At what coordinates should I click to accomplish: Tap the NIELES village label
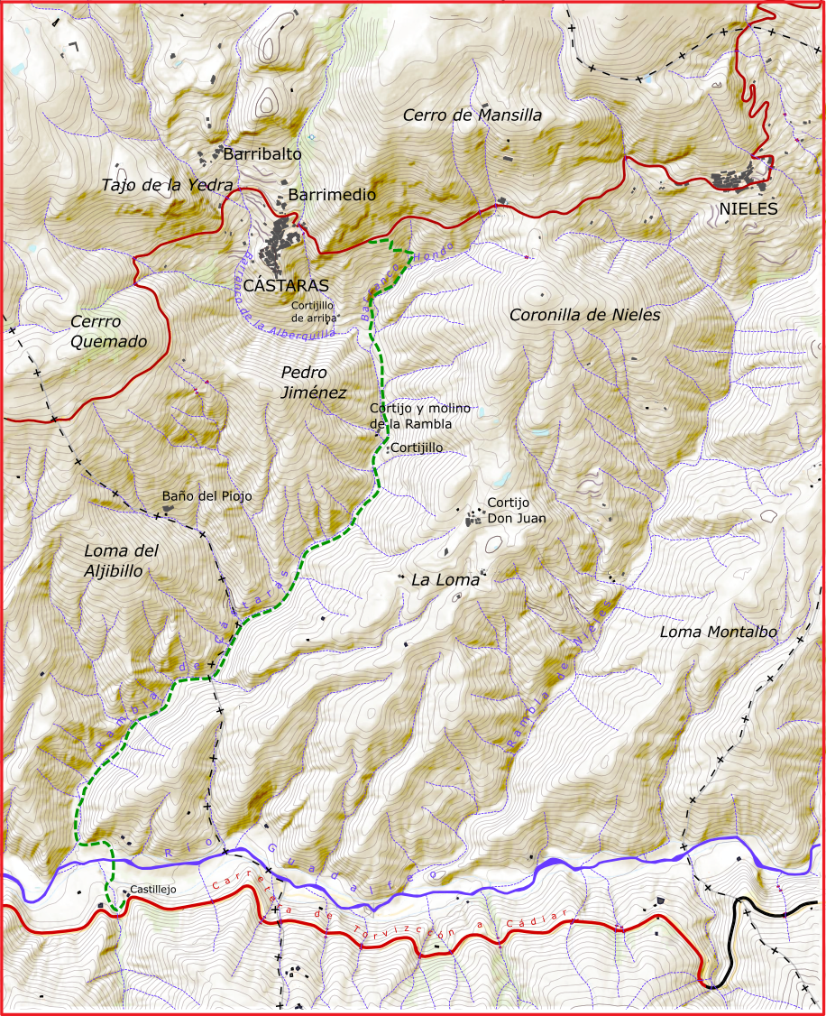point(748,209)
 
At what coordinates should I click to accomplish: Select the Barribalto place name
point(262,154)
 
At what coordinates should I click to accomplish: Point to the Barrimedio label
point(332,194)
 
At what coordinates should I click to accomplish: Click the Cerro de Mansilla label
point(473,115)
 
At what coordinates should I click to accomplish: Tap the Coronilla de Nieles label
point(584,315)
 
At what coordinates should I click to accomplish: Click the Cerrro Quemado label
point(108,331)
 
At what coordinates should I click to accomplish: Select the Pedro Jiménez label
point(313,382)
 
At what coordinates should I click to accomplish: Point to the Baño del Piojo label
point(206,496)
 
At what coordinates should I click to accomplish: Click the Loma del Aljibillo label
point(120,560)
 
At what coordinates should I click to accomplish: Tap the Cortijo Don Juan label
point(516,510)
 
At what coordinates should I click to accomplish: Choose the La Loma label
point(445,580)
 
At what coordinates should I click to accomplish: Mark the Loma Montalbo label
point(718,632)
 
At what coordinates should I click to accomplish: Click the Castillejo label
point(152,890)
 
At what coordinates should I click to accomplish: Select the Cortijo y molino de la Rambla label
point(419,416)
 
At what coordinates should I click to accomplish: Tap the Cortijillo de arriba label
point(314,310)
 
